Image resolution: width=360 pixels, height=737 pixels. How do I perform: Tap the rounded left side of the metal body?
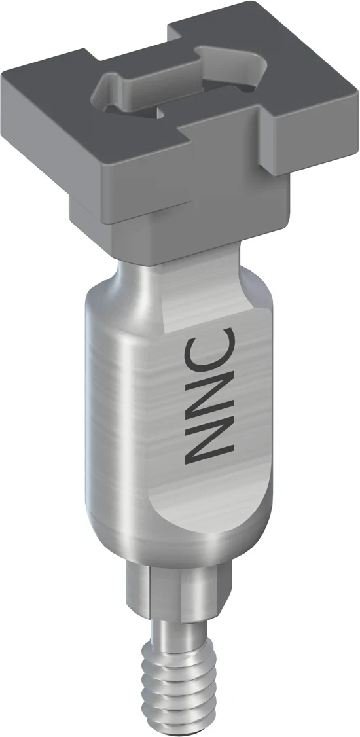pyautogui.click(x=98, y=406)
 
